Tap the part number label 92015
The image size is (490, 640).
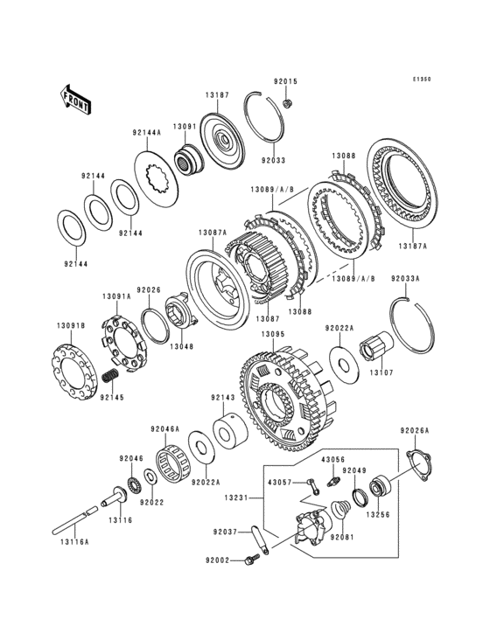coord(285,81)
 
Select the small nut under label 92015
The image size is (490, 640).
coord(286,103)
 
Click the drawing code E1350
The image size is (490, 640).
coord(422,80)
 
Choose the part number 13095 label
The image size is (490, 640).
coord(273,334)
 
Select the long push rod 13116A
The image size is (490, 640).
coord(75,519)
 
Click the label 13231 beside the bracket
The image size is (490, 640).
coord(236,497)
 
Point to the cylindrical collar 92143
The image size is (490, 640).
coord(230,431)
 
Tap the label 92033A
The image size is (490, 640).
coord(405,279)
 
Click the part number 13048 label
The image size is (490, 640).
coord(182,346)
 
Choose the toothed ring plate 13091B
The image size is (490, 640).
coord(73,372)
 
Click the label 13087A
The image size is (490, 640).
coord(213,233)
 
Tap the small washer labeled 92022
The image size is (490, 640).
coord(149,477)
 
